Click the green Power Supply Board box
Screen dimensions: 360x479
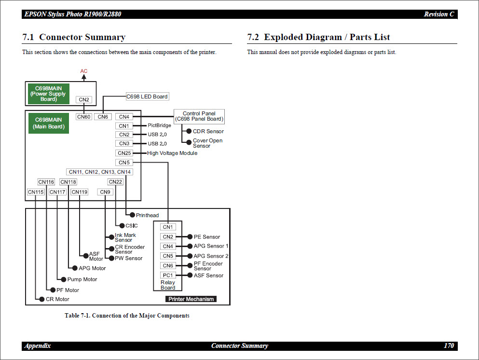coord(49,94)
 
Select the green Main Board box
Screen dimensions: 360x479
coord(49,123)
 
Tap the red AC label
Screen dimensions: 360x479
coord(84,71)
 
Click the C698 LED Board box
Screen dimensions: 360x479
coord(147,97)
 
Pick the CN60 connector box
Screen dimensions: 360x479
coord(84,117)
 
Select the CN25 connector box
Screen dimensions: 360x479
coord(124,153)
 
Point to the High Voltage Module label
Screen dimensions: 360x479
coord(172,153)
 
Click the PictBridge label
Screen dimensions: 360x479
coord(159,125)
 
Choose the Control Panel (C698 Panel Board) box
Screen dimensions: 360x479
coord(199,116)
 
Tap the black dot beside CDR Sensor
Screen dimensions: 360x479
coord(189,131)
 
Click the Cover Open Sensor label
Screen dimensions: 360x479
coord(207,143)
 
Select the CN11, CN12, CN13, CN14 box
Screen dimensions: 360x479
coord(99,172)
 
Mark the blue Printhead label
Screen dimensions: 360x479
coord(147,215)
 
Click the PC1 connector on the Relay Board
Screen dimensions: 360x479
coord(168,275)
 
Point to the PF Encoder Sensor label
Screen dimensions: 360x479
coord(208,266)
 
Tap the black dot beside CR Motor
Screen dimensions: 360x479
coord(42,299)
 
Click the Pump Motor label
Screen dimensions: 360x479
coord(82,279)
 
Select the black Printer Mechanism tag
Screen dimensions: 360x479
coord(191,299)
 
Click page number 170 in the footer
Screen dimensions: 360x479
coord(449,346)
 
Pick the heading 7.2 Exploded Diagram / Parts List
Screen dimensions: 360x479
coord(318,37)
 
